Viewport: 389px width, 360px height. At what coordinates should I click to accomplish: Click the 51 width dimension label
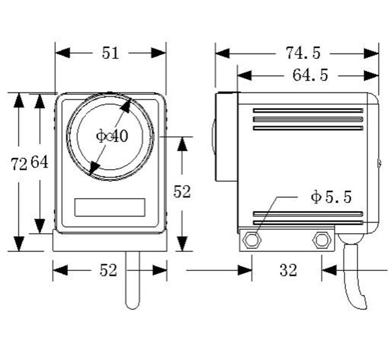(x=111, y=53)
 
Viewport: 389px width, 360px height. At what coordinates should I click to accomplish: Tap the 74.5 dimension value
(x=303, y=53)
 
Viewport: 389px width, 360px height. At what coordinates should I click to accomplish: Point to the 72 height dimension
(x=19, y=164)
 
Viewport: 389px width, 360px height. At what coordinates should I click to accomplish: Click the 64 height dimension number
(x=39, y=162)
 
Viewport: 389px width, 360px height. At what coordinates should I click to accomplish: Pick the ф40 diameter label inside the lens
(x=112, y=136)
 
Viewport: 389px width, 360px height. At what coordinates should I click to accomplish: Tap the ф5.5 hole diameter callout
(x=331, y=197)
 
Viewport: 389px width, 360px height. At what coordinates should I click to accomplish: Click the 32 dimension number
(x=288, y=270)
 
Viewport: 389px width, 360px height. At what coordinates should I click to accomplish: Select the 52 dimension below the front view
(x=108, y=270)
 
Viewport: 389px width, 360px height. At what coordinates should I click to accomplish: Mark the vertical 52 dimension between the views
(x=182, y=191)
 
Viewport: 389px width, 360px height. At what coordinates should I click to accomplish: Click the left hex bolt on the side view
(x=252, y=240)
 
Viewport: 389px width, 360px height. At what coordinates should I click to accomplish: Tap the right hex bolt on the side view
(x=321, y=240)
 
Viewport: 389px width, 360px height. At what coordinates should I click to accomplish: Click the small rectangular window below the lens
(x=109, y=207)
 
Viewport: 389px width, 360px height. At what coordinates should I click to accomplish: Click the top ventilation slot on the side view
(x=308, y=110)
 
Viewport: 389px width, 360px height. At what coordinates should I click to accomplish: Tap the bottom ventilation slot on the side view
(x=308, y=221)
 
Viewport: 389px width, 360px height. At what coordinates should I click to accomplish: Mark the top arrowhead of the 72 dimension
(x=19, y=100)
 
